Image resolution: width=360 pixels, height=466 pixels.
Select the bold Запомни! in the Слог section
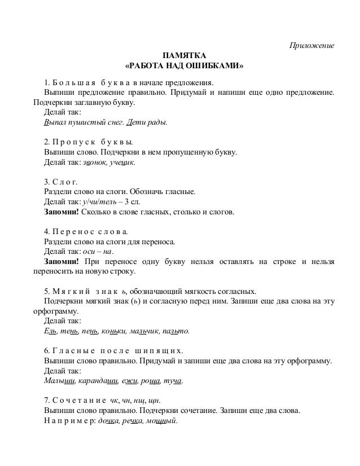point(62,213)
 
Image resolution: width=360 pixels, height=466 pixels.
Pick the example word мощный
point(164,421)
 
